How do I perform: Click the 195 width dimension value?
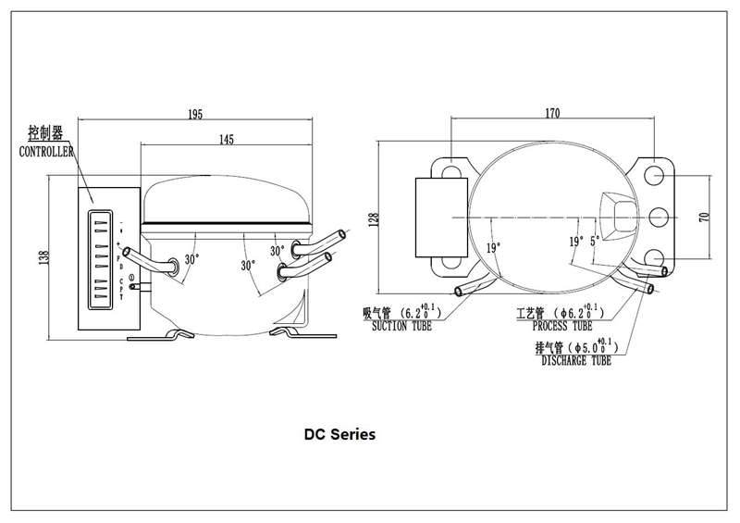pos(195,115)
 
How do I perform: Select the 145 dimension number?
pos(226,140)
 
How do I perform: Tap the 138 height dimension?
pos(43,257)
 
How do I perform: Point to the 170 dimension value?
pos(552,113)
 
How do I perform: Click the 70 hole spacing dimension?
pos(704,218)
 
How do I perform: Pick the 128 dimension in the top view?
pos(374,219)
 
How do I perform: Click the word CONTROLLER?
pos(46,152)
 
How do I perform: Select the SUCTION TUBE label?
pos(401,326)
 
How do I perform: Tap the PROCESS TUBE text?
pos(562,326)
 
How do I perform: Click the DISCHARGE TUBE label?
pos(576,361)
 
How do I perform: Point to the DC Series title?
pos(339,434)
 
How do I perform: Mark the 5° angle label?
pos(595,240)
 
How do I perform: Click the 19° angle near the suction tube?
pos(493,247)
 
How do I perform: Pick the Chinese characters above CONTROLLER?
pos(45,132)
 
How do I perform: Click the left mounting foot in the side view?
pos(160,335)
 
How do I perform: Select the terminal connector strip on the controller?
pos(100,259)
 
